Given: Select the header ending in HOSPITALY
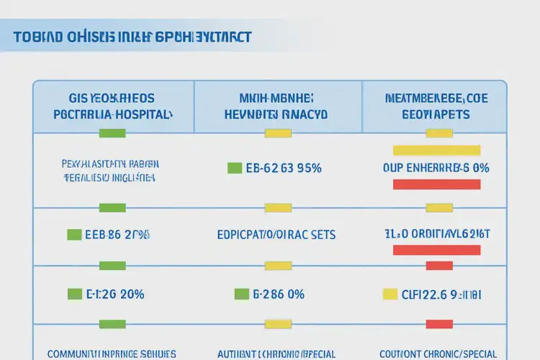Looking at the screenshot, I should [112, 114].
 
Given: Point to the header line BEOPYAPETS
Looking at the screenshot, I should [436, 114].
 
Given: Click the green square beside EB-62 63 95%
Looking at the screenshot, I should [234, 168].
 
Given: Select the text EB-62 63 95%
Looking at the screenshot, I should [284, 168].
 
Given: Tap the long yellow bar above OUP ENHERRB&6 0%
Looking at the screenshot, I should [436, 150].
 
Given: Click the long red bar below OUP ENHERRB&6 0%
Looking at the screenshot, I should [436, 184].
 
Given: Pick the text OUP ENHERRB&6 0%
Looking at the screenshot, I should [436, 168].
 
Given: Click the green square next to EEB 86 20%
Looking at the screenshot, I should [73, 234].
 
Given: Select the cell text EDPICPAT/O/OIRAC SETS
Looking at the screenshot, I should [276, 235].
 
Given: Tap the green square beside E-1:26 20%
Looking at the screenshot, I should [74, 294].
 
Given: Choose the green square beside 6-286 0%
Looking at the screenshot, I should [241, 294].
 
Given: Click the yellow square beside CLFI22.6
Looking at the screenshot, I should [390, 294].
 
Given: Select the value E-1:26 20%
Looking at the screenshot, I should [116, 294].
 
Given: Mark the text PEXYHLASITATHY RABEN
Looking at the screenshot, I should [109, 163].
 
